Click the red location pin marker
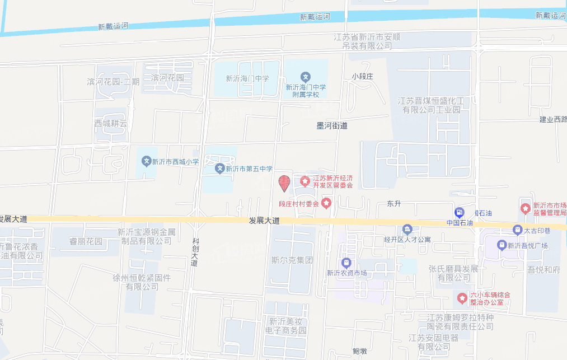(284, 183)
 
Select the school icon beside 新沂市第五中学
(221, 169)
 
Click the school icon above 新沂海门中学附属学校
(305, 77)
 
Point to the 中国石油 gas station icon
(460, 212)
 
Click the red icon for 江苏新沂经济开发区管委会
(305, 181)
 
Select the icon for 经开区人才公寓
(407, 229)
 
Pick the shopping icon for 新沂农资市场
(346, 263)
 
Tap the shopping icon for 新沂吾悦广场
(502, 245)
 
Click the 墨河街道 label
(332, 126)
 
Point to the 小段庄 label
(362, 76)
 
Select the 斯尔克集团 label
(292, 260)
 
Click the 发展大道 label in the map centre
(264, 221)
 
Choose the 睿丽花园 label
(86, 242)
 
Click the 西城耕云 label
(111, 123)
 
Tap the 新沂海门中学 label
(247, 79)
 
